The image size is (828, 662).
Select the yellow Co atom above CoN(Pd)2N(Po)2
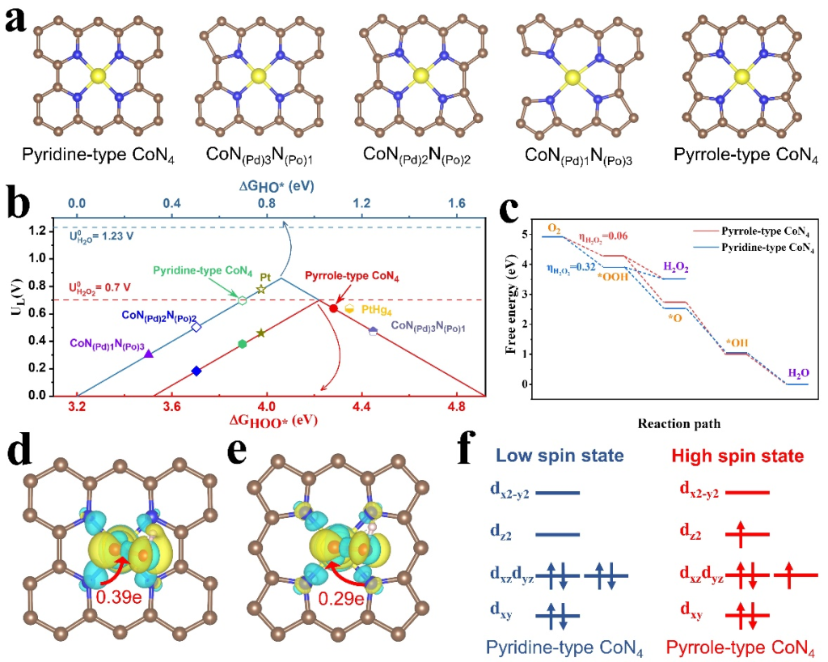pyautogui.click(x=420, y=76)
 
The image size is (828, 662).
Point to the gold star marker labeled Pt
pyautogui.click(x=260, y=289)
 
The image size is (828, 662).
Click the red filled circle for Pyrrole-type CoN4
pyautogui.click(x=333, y=308)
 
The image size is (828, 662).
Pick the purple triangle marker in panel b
pyautogui.click(x=149, y=354)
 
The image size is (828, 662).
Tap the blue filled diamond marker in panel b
pyautogui.click(x=196, y=371)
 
